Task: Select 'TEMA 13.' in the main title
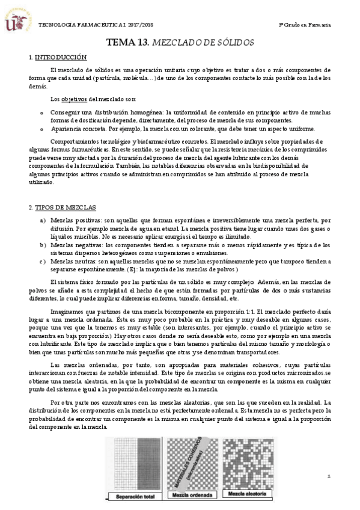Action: tap(127, 43)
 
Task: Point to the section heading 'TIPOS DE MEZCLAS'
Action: tap(65, 207)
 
